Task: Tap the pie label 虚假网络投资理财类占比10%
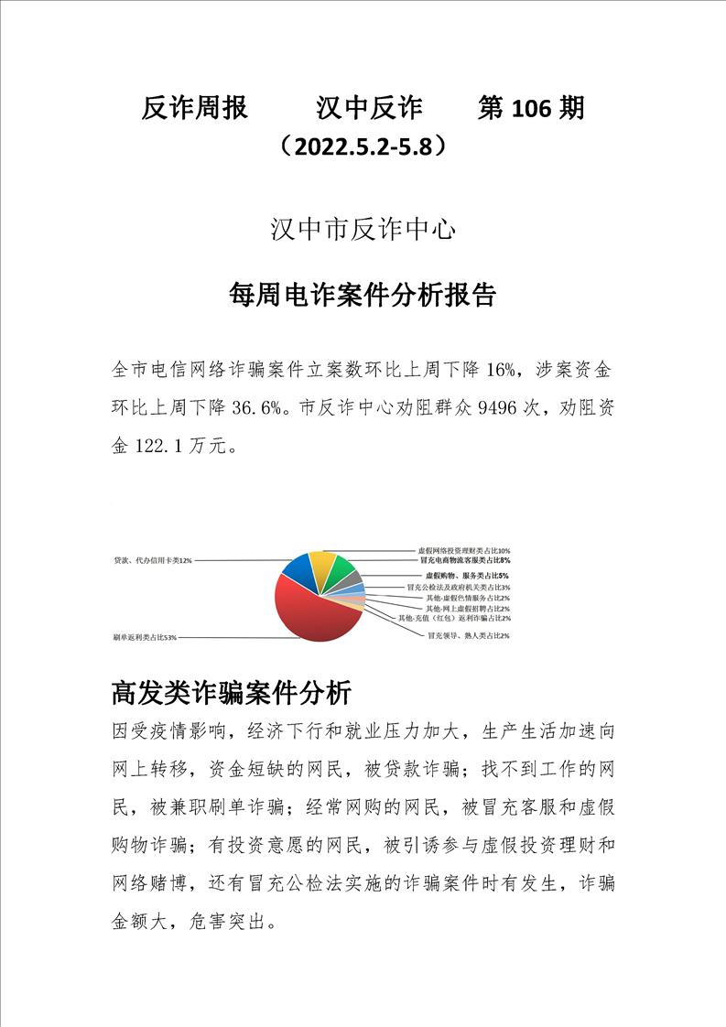click(x=463, y=551)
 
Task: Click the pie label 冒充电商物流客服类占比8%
click(x=465, y=559)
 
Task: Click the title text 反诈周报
click(x=195, y=109)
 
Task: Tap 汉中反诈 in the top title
click(x=369, y=109)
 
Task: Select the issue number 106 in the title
click(x=536, y=109)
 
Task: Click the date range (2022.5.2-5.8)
click(x=364, y=146)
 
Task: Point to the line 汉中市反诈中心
click(x=363, y=230)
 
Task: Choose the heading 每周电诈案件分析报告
click(x=363, y=295)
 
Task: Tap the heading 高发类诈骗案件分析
click(x=231, y=692)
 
